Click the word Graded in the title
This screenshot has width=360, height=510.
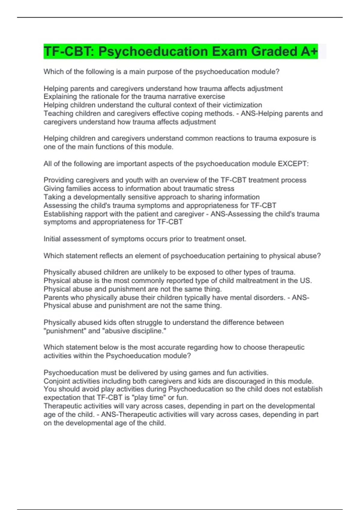click(273, 52)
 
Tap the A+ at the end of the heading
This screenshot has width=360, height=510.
click(309, 52)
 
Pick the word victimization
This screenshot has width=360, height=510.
click(242, 105)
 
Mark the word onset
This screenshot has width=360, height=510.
click(237, 239)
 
